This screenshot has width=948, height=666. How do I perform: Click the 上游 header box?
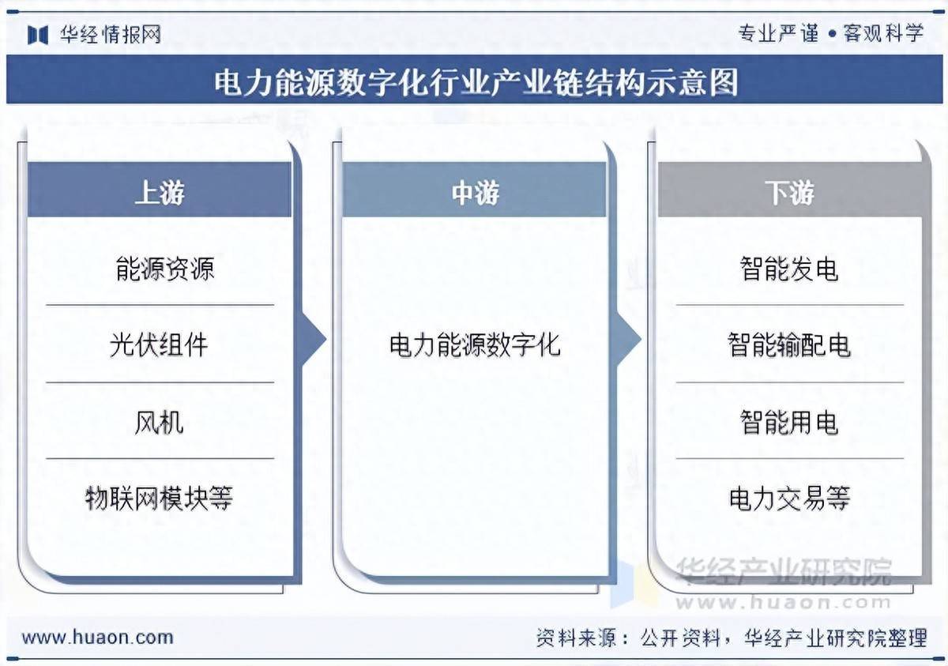(x=160, y=192)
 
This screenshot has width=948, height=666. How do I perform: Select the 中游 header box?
(x=474, y=192)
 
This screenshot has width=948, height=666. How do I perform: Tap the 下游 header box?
(x=789, y=192)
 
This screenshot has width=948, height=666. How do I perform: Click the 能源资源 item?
(x=164, y=269)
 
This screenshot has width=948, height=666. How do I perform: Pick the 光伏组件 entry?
(x=159, y=344)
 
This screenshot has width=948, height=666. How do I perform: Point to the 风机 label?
(x=159, y=422)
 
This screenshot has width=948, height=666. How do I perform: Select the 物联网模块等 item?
(x=159, y=498)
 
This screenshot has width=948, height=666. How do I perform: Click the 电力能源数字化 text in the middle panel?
(x=474, y=344)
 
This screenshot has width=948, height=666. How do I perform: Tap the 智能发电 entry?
(x=789, y=269)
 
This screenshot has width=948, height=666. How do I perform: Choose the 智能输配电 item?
(x=789, y=344)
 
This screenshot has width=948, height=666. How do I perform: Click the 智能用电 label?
(x=789, y=422)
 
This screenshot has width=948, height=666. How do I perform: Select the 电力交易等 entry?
(x=789, y=498)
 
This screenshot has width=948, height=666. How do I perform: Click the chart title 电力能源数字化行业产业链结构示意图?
(x=476, y=81)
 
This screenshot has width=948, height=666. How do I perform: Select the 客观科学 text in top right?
(x=883, y=33)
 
